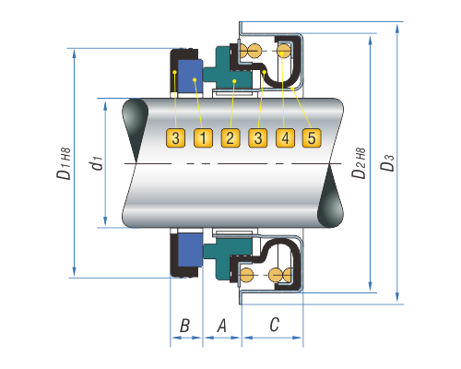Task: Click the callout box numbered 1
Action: [203, 138]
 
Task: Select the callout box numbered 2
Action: [230, 138]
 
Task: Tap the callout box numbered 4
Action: [285, 138]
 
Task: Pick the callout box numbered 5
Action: [312, 138]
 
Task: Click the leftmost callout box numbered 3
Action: [175, 138]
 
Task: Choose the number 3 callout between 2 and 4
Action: [258, 138]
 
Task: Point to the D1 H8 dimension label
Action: [64, 163]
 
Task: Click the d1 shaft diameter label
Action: [97, 162]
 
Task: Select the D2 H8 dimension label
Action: [359, 163]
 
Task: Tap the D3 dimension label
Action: [387, 162]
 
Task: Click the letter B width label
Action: [184, 326]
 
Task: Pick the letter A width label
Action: [221, 326]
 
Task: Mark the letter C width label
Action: [274, 325]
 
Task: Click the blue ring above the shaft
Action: [190, 77]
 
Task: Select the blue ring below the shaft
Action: [190, 250]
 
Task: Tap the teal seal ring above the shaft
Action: [229, 71]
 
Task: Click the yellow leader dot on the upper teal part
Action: [234, 81]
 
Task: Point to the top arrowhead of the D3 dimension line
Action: [397, 29]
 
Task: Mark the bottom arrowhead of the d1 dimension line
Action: [105, 220]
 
